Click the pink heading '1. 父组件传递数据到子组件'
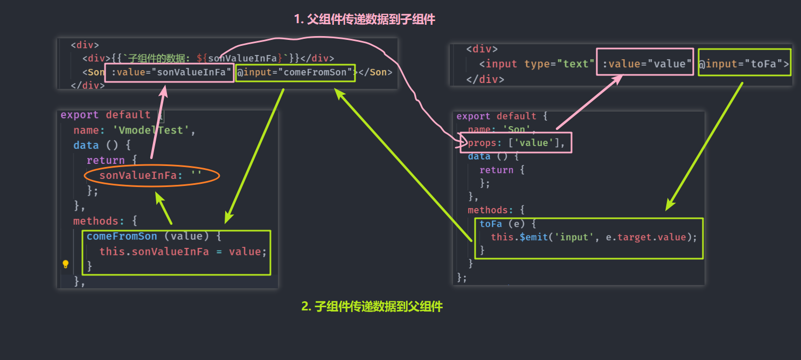click(364, 19)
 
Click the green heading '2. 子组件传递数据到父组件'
click(372, 307)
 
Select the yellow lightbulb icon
click(66, 264)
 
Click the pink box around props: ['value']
click(516, 143)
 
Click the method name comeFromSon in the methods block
click(122, 236)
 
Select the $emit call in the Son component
click(536, 237)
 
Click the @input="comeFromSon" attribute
click(296, 72)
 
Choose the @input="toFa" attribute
click(743, 64)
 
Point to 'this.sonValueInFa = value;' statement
click(183, 251)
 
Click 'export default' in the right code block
click(496, 116)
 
